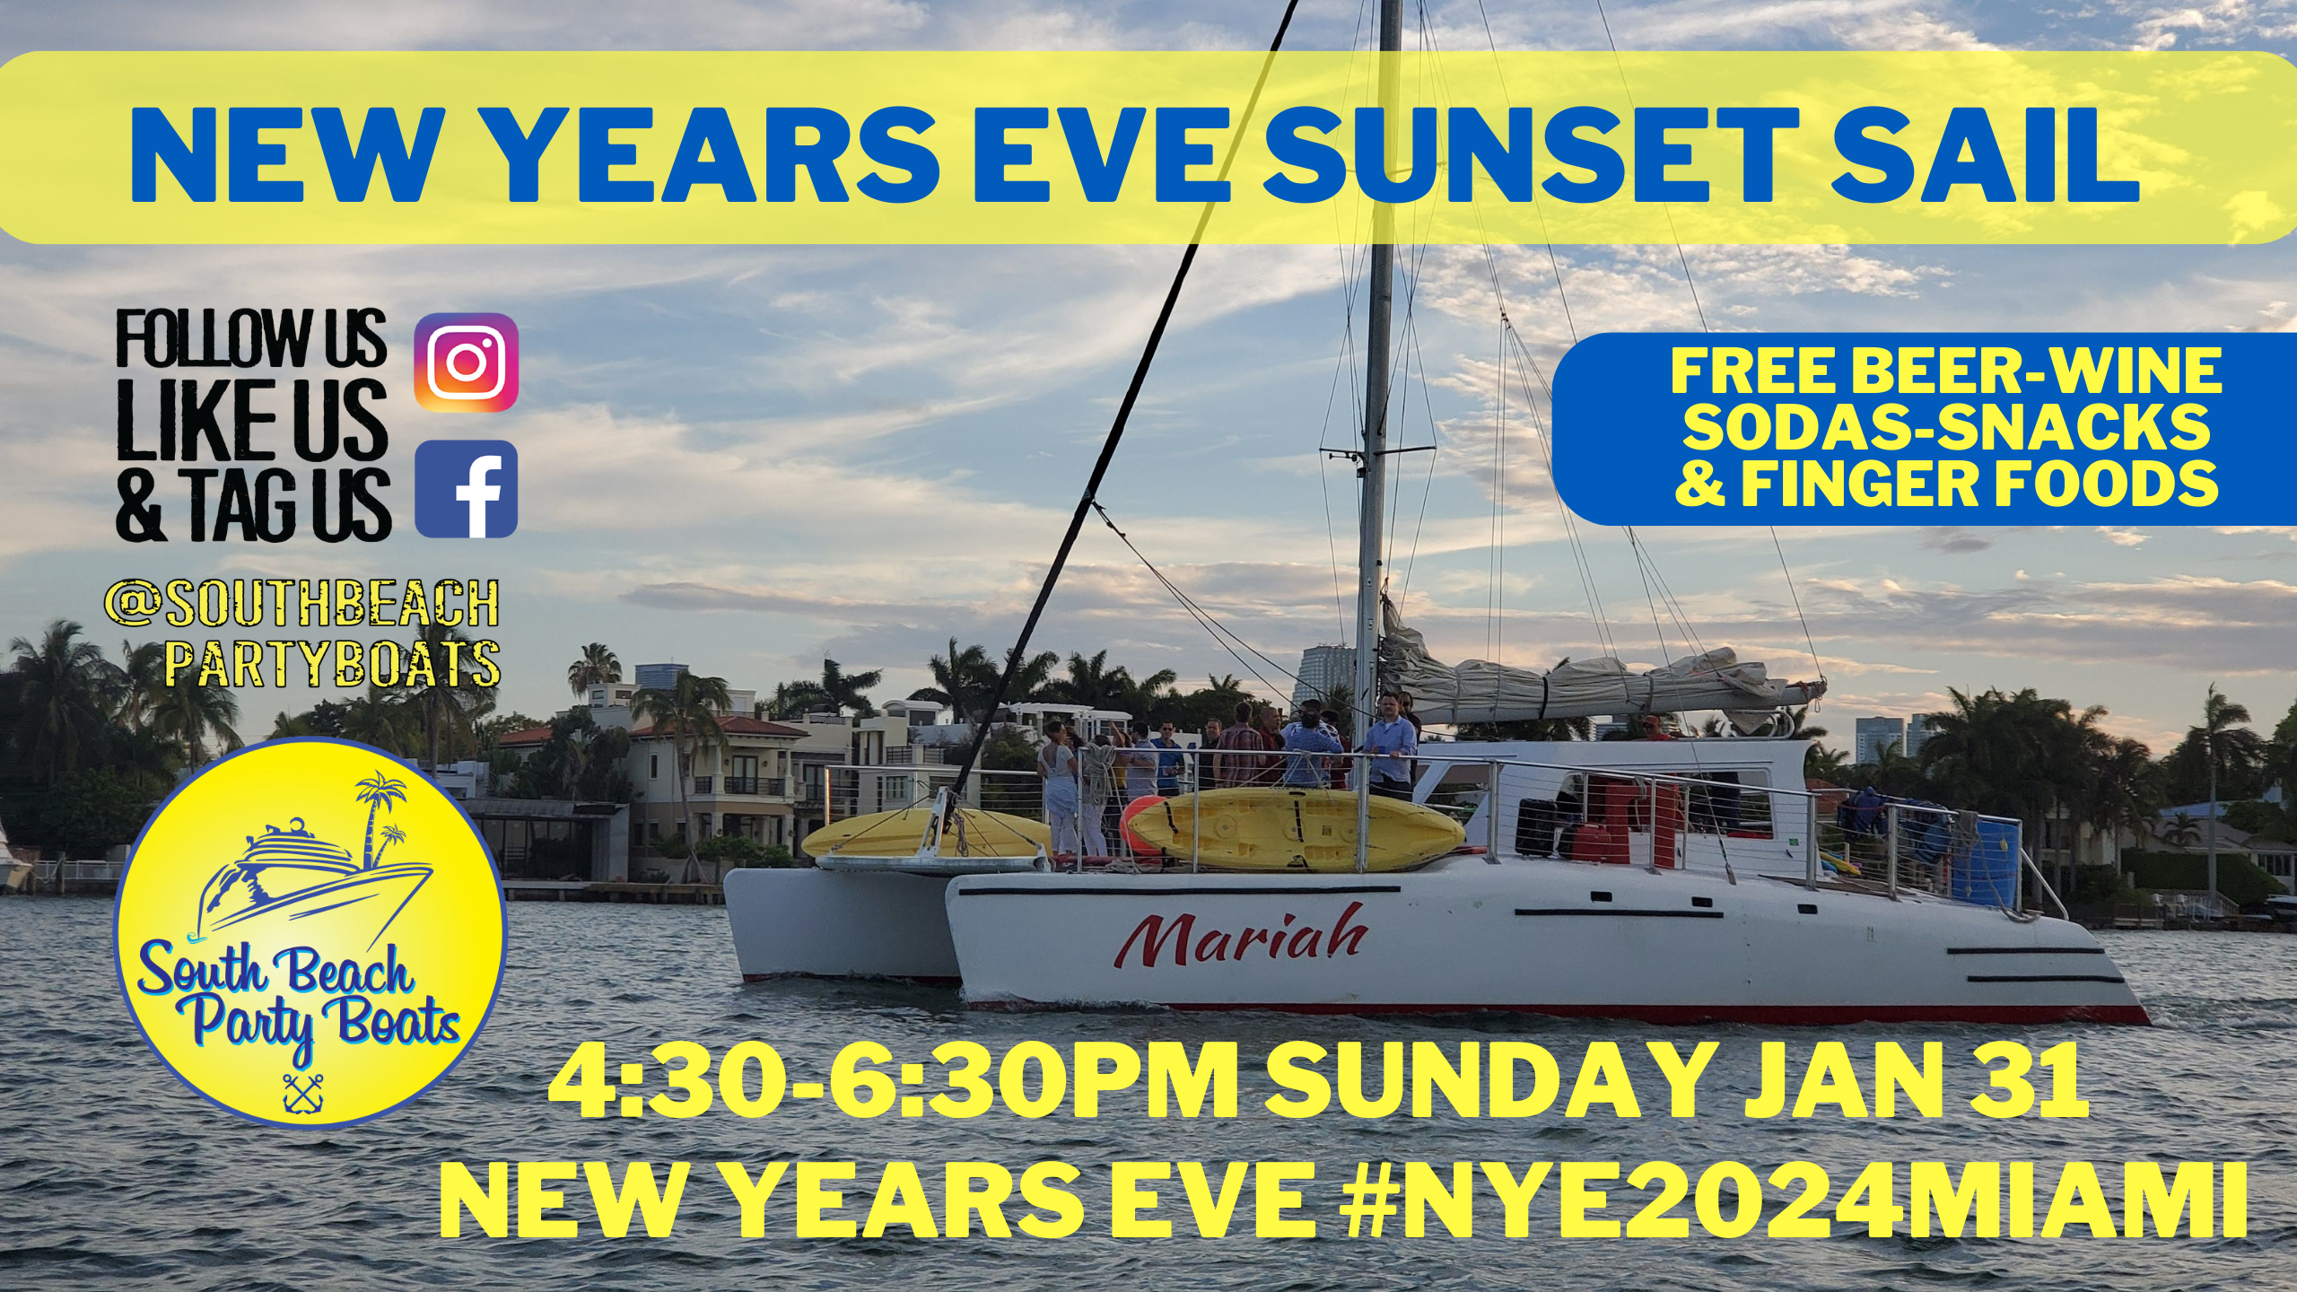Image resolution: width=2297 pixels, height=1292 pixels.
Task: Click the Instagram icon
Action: [x=466, y=362]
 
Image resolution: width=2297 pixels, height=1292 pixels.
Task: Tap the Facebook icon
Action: [x=466, y=489]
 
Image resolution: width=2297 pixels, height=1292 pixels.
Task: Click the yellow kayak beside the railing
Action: [x=1306, y=830]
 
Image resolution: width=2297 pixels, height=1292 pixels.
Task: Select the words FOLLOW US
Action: [x=251, y=340]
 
